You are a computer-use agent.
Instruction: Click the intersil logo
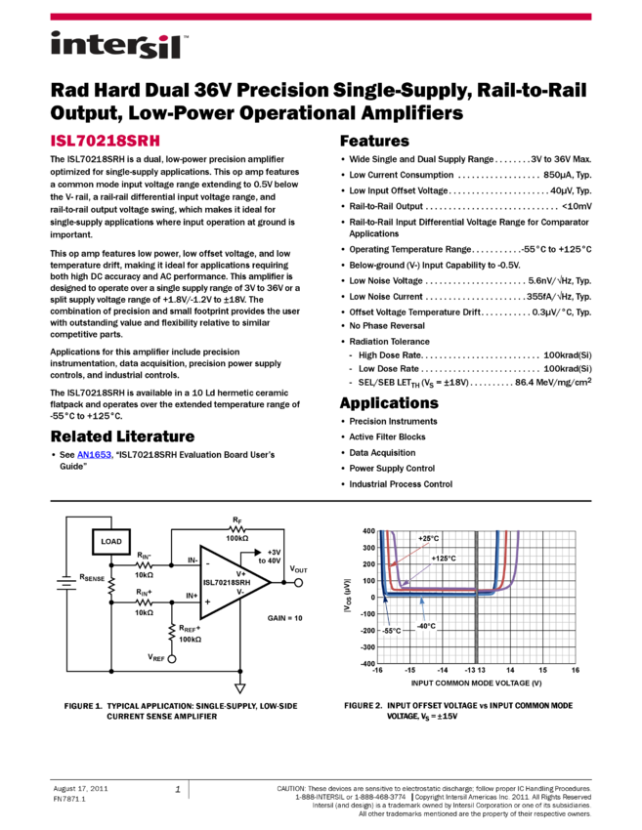tap(119, 46)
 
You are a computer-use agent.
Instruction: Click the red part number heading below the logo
tap(106, 141)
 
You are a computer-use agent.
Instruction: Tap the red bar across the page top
tap(321, 17)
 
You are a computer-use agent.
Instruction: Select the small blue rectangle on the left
tap(94, 455)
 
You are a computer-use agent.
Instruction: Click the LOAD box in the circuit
tap(111, 541)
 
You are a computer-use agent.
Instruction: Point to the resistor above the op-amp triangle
tap(237, 529)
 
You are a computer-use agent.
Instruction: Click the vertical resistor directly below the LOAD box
tap(111, 585)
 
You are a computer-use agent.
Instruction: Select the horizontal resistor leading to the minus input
tap(144, 565)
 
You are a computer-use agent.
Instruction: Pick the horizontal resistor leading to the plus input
tap(144, 602)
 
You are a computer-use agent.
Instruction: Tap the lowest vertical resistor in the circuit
tap(172, 631)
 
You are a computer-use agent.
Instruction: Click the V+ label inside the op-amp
tap(240, 574)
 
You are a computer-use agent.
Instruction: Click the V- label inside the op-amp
tap(240, 591)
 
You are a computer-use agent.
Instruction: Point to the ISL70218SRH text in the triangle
tap(227, 583)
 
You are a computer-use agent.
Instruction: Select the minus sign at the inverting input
tap(207, 563)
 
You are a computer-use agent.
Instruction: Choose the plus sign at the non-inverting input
tap(207, 602)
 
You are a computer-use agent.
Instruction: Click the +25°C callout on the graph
tap(428, 538)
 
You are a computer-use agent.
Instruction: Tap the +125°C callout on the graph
tap(444, 559)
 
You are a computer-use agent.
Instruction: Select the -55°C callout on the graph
tap(391, 631)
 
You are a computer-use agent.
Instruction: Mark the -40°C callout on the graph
tap(425, 626)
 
